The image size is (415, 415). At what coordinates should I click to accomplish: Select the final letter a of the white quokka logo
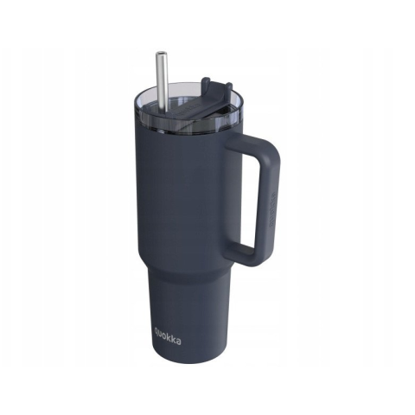point(179,342)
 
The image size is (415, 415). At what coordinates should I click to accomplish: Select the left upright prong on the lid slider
point(207,85)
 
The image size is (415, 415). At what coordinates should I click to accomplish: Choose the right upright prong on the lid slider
point(228,87)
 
